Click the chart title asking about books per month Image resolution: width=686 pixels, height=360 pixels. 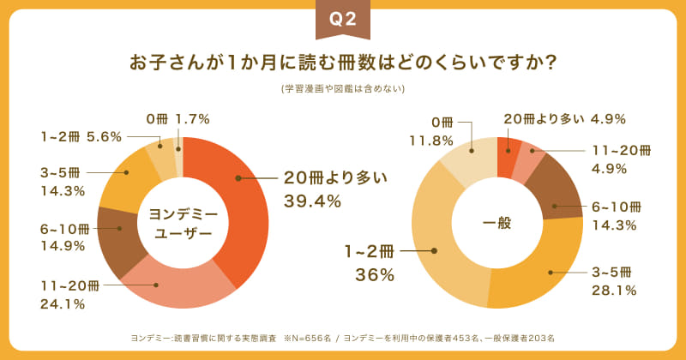[x=343, y=64]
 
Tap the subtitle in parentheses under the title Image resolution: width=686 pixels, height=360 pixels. [x=343, y=88]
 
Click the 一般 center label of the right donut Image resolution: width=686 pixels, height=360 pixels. [x=496, y=223]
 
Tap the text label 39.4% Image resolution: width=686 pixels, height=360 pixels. [x=312, y=202]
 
